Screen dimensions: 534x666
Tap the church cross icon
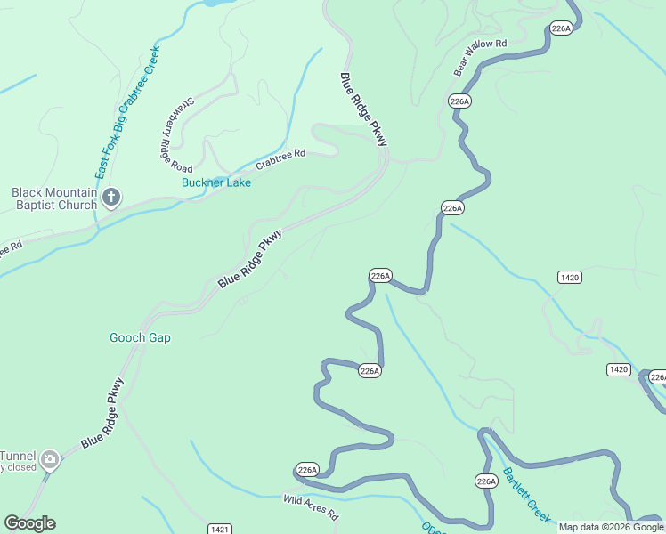click(110, 198)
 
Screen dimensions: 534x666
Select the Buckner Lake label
click(216, 182)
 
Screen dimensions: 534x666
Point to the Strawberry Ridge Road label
click(175, 141)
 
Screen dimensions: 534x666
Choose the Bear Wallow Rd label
click(480, 56)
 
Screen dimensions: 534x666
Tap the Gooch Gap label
click(140, 338)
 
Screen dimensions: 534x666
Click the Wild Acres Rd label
click(312, 507)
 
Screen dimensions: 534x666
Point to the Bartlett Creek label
click(526, 495)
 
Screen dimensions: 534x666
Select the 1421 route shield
click(221, 529)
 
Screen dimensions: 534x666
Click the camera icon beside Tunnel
click(49, 459)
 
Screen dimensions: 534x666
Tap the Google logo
click(29, 523)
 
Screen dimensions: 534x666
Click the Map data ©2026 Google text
click(611, 527)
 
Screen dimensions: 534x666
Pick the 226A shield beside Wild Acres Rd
click(306, 470)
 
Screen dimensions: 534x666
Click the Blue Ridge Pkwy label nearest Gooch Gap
click(102, 413)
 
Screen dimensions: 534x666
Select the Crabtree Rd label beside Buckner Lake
click(280, 159)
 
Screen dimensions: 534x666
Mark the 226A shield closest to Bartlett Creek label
click(486, 481)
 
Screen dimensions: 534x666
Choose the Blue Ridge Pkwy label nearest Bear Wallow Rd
click(363, 109)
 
